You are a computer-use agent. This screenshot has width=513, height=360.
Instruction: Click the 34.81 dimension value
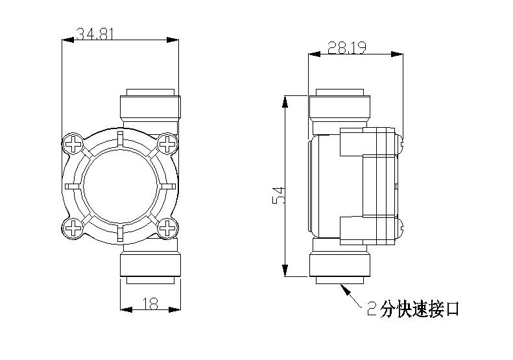coord(95,33)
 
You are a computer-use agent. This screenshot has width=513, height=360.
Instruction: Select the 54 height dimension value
coord(278,195)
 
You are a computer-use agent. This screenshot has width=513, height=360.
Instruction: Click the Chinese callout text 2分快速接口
coord(412,309)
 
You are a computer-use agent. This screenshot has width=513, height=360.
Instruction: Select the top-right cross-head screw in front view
coord(168,143)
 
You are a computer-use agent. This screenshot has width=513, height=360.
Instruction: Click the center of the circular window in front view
coord(121,185)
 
